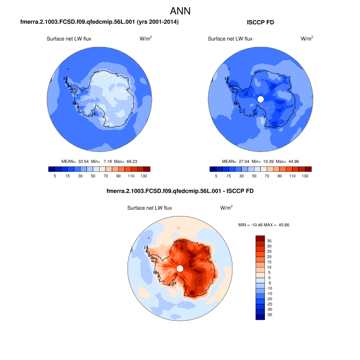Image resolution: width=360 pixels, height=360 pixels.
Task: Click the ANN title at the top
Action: point(180,11)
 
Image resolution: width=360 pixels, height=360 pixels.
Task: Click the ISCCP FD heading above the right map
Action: point(260,23)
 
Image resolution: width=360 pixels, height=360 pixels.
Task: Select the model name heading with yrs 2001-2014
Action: point(99,23)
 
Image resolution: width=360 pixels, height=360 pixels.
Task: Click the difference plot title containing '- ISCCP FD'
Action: point(179,191)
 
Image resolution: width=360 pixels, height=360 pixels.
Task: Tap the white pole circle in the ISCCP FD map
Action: point(260,99)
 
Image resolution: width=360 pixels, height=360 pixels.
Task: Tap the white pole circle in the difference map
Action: point(179,268)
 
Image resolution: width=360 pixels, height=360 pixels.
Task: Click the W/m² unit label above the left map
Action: point(146,39)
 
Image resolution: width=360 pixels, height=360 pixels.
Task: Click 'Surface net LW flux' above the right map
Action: point(230,39)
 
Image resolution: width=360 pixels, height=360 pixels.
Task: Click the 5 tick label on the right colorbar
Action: point(217,176)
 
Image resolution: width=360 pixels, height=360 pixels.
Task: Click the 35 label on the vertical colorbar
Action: point(269,240)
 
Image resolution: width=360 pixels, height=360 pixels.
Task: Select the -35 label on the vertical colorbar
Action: point(270,314)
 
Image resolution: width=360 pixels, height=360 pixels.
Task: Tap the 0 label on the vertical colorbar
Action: point(268,277)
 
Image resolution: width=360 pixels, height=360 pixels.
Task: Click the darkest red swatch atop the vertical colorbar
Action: point(260,238)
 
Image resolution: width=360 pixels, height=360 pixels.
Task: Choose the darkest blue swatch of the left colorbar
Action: point(51,169)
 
